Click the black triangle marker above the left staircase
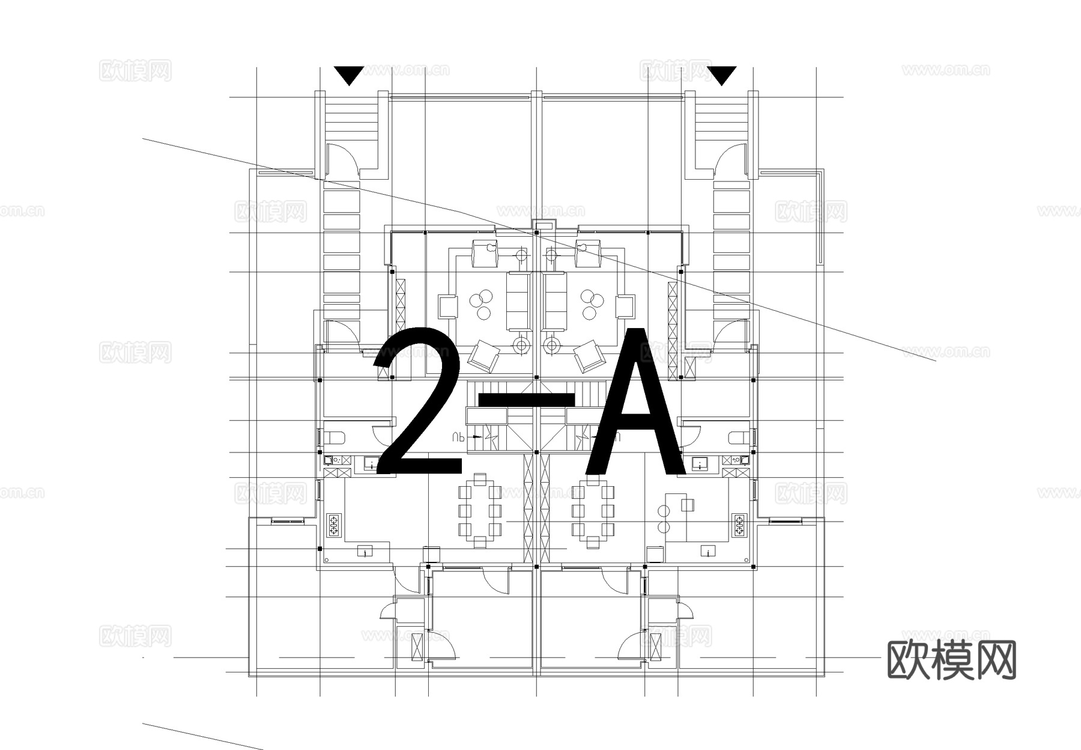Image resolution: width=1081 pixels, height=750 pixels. tap(348, 75)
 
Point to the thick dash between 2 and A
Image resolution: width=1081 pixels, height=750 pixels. tap(525, 398)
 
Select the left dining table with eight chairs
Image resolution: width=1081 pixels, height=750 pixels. tap(479, 511)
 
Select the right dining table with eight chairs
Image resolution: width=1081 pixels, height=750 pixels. tap(593, 511)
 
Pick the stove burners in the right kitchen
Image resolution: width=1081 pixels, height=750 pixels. tap(739, 525)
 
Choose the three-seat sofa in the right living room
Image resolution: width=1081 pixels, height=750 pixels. tap(555, 300)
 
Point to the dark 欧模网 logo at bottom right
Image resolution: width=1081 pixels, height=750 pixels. tap(951, 659)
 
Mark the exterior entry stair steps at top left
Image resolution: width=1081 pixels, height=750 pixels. tap(351, 120)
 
